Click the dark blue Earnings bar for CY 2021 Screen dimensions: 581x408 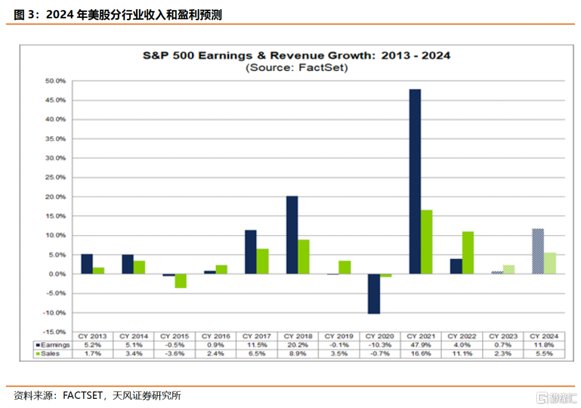[x=415, y=181]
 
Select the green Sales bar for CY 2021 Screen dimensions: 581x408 [x=427, y=242]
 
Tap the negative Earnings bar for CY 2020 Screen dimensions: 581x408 [x=374, y=294]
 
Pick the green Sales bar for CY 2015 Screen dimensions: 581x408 [x=180, y=281]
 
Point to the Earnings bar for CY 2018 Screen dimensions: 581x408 [x=292, y=235]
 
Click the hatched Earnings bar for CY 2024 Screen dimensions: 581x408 [x=538, y=251]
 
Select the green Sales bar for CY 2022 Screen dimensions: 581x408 [x=468, y=253]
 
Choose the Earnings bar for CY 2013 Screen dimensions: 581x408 [x=87, y=264]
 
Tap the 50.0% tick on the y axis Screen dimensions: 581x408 [x=55, y=81]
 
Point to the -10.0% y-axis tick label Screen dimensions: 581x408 [x=54, y=313]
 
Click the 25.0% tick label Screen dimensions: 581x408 [x=55, y=178]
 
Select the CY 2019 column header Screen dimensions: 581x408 [x=339, y=336]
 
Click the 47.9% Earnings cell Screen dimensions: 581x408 [x=421, y=344]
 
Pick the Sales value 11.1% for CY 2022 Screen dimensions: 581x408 [x=462, y=354]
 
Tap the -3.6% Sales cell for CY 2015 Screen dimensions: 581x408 [x=174, y=354]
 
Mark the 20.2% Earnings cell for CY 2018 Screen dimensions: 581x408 [x=298, y=344]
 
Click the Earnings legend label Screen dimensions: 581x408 [x=55, y=344]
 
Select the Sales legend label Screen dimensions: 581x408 [x=51, y=354]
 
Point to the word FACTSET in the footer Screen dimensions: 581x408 [x=83, y=396]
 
